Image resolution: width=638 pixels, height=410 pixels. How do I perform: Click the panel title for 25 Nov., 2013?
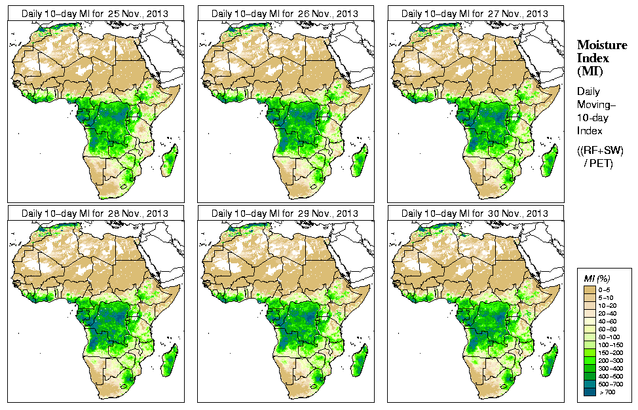95,13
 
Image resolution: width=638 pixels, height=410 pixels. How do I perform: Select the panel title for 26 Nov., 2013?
285,13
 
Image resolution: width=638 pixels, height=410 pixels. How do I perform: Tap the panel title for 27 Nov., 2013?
475,13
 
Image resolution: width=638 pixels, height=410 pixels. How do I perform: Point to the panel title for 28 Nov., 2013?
95,214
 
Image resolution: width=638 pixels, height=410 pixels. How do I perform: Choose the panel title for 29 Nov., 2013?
285,214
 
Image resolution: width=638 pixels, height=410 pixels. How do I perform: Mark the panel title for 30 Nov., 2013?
475,214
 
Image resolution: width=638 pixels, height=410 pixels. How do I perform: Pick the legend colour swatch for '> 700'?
590,391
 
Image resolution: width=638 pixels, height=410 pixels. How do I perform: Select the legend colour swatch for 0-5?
590,289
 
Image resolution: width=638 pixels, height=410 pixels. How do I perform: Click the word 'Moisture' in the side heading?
601,45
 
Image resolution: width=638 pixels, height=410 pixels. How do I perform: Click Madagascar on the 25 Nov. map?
170,161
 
